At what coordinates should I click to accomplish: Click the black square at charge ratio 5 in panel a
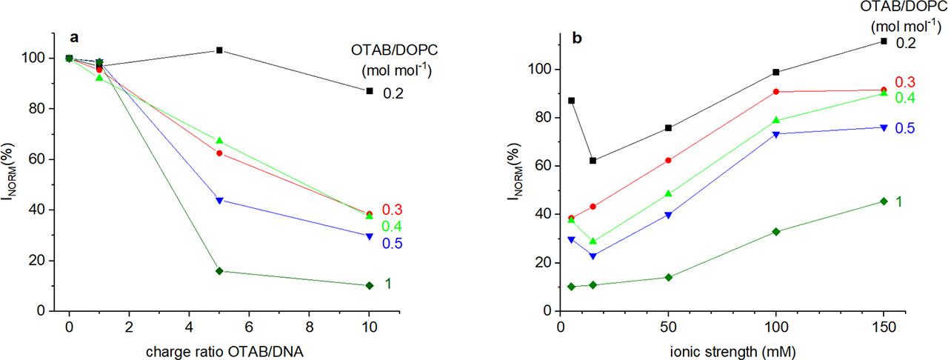(219, 50)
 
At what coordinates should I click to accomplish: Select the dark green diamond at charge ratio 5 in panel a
(219, 271)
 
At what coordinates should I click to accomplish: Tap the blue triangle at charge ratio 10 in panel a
(370, 236)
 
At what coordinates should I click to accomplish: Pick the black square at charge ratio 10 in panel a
(370, 90)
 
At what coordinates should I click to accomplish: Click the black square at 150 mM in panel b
(884, 41)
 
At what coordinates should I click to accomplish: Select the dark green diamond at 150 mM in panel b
(884, 201)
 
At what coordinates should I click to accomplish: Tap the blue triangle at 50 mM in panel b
(668, 215)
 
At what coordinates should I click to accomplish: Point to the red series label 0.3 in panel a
(392, 210)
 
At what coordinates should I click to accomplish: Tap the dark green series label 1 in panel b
(900, 201)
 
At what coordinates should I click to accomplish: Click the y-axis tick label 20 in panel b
(543, 263)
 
